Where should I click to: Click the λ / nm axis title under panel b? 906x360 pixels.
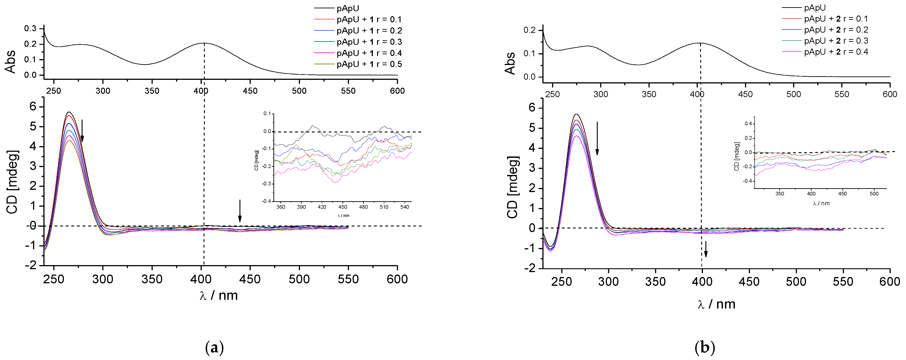coord(716,304)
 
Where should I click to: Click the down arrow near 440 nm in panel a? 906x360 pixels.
coord(240,211)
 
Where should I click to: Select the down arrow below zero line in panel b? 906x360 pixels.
coord(705,249)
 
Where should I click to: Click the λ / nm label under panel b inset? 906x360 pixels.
coord(821,203)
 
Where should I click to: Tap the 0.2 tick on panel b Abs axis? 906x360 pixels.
coord(529,30)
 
